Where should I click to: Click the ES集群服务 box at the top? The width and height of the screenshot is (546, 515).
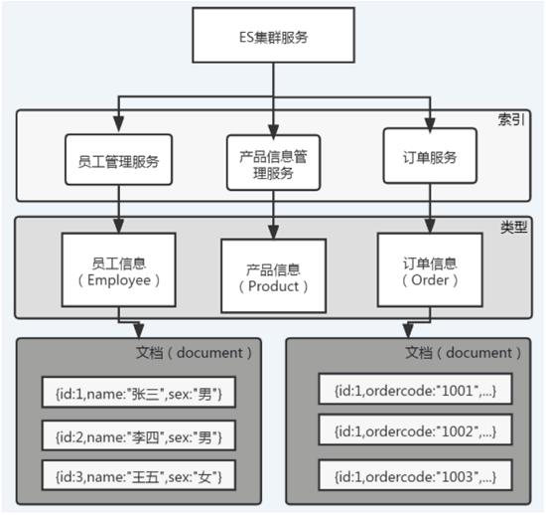tap(273, 35)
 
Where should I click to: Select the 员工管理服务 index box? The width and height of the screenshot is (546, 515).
tap(118, 159)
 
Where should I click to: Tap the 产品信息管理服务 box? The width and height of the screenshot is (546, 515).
tap(273, 162)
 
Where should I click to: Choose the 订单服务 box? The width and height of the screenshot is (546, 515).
tap(430, 155)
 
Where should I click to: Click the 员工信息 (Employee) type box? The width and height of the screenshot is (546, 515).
tap(118, 269)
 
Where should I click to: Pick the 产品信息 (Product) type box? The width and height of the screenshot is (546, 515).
tap(273, 275)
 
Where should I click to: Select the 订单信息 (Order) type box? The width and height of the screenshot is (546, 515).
tap(430, 269)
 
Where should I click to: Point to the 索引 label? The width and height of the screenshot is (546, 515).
tap(511, 119)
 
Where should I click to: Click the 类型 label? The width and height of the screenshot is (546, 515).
tap(513, 227)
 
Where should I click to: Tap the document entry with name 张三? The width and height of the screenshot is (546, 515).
tap(139, 392)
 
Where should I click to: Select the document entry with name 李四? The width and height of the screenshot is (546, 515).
tap(139, 435)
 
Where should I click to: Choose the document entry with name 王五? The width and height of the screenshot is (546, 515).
tap(139, 475)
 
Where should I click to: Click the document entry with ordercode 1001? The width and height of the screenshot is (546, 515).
tap(415, 389)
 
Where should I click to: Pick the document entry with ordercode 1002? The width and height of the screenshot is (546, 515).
tap(415, 429)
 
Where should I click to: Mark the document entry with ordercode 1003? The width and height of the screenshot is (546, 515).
tap(415, 475)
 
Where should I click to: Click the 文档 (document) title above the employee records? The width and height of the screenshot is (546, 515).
tap(194, 353)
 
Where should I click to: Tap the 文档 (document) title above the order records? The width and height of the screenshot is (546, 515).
tap(463, 353)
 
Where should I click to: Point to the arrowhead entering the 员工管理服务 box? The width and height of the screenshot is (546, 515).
tap(118, 124)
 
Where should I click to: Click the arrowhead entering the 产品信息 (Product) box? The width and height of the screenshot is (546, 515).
tap(273, 232)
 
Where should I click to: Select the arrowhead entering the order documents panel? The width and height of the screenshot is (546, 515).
tap(408, 330)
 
